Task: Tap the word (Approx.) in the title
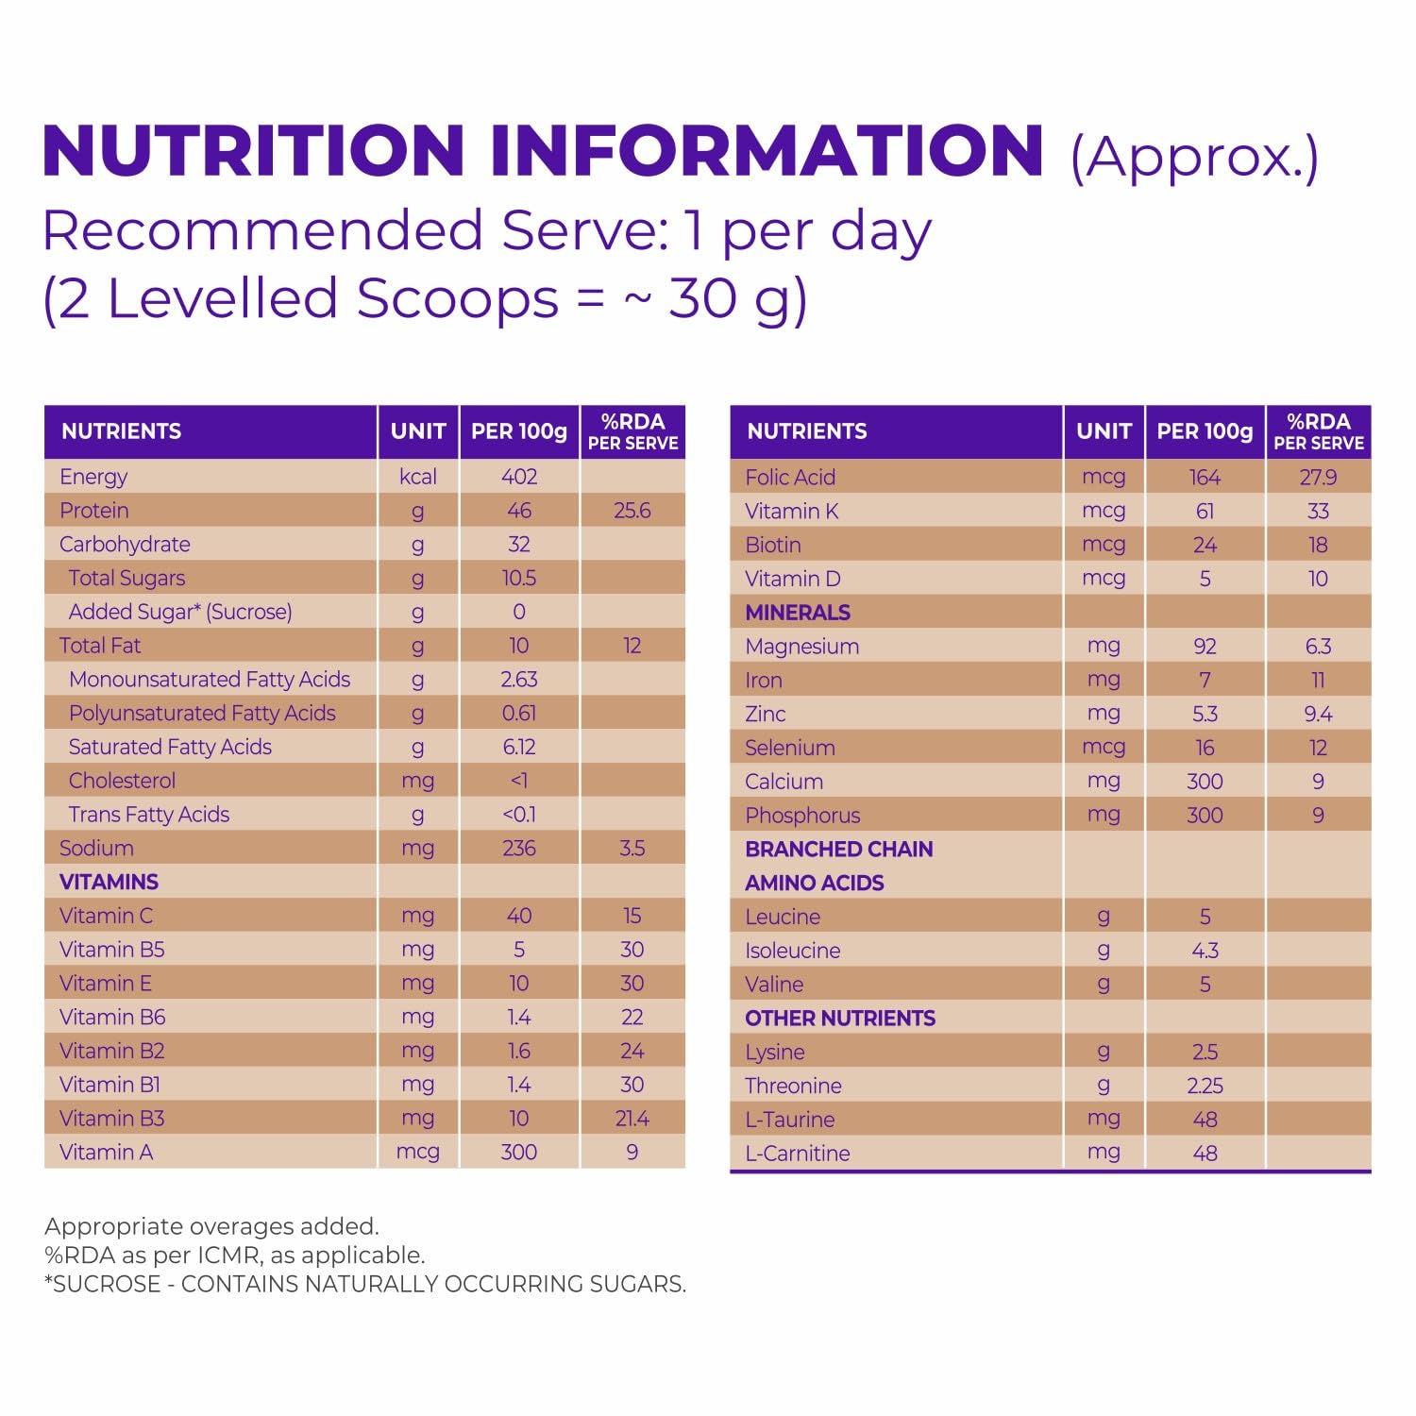pyautogui.click(x=1193, y=157)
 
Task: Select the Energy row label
pyautogui.click(x=93, y=477)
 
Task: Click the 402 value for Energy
pyautogui.click(x=519, y=477)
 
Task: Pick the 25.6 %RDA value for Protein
pyautogui.click(x=632, y=511)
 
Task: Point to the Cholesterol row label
pyautogui.click(x=122, y=781)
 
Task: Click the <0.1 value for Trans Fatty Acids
pyautogui.click(x=519, y=815)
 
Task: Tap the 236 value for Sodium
pyautogui.click(x=519, y=848)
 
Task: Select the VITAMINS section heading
pyautogui.click(x=109, y=882)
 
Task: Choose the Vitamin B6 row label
pyautogui.click(x=112, y=1017)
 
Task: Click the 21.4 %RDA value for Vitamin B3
pyautogui.click(x=632, y=1119)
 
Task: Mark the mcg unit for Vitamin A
pyautogui.click(x=417, y=1152)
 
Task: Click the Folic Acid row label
pyautogui.click(x=790, y=478)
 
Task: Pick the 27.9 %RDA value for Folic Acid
pyautogui.click(x=1318, y=478)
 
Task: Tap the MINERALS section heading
pyautogui.click(x=798, y=613)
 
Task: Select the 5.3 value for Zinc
pyautogui.click(x=1205, y=714)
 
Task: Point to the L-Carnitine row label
pyautogui.click(x=798, y=1153)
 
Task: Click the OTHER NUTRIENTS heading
pyautogui.click(x=840, y=1018)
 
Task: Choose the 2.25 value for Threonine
pyautogui.click(x=1205, y=1086)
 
